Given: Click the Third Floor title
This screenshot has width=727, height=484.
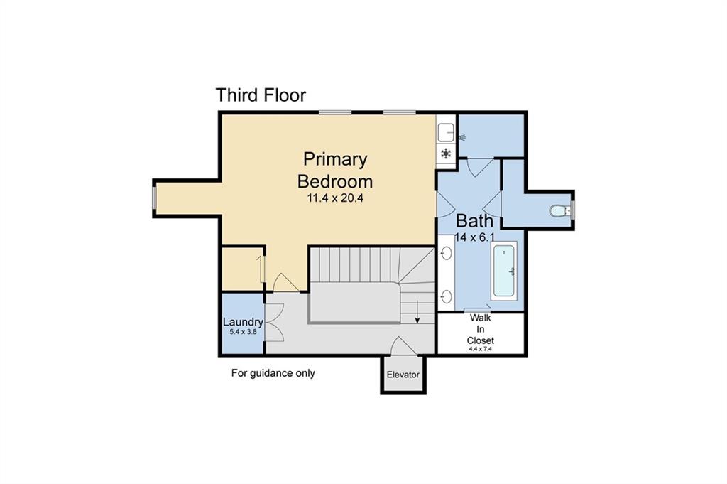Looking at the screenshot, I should (x=261, y=95).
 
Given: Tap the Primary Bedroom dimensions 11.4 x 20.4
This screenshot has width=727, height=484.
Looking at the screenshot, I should (x=334, y=198).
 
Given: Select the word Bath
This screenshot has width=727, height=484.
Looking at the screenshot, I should (x=474, y=220).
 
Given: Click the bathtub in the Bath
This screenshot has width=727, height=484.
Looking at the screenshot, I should (x=505, y=271).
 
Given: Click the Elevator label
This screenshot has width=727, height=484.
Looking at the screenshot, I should (x=403, y=375).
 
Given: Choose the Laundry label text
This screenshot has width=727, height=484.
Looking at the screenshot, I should (x=243, y=322).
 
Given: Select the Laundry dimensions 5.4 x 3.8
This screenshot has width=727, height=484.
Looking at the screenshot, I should (x=242, y=332).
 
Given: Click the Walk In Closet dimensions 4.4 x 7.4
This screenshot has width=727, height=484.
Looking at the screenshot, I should (x=481, y=349).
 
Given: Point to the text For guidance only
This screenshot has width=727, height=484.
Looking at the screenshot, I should (x=273, y=373).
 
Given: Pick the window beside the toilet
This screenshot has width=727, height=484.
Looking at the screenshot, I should (x=573, y=210).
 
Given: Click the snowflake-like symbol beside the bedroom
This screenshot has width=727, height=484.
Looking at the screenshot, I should (x=446, y=154).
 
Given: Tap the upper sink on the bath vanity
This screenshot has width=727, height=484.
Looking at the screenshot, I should (x=447, y=253).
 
